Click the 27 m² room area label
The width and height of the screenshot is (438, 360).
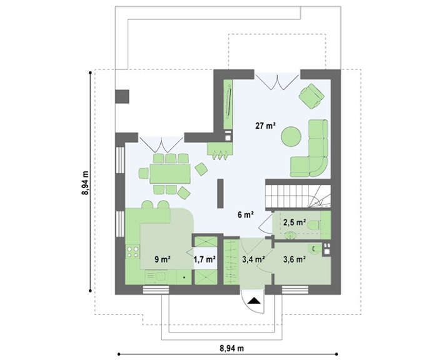click(x=265, y=126)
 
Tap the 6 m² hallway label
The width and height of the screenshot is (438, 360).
click(x=245, y=215)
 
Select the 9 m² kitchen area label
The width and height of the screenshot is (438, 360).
click(x=163, y=259)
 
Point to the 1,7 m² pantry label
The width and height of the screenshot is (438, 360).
click(x=205, y=259)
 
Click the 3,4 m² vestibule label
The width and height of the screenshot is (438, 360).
click(x=253, y=259)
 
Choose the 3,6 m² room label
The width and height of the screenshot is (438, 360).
click(x=294, y=259)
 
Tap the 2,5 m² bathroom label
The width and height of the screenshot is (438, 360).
click(x=295, y=222)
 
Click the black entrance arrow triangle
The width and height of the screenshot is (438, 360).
click(x=254, y=301)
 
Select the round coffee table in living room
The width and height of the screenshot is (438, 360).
click(x=291, y=136)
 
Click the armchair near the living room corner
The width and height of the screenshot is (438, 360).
click(x=312, y=96)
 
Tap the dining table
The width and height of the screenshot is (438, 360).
click(x=170, y=174)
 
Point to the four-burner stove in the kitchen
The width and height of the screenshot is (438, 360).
click(x=133, y=251)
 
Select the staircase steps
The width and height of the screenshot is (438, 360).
click(x=298, y=196)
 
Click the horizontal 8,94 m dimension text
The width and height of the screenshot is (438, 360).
click(x=232, y=348)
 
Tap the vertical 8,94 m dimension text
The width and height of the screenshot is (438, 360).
click(x=85, y=182)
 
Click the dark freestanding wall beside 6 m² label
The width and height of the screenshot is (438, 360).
click(x=220, y=193)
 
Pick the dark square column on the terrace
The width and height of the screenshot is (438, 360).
click(x=122, y=96)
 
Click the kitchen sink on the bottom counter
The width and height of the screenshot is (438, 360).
click(x=160, y=276)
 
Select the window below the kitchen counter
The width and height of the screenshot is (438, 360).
click(x=156, y=289)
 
